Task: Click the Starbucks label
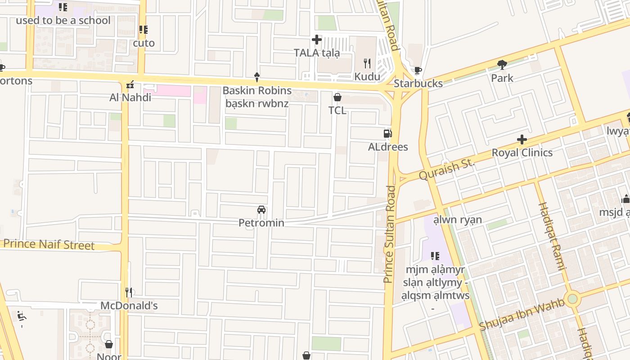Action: coord(418,83)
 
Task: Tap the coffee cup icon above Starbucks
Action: coord(418,70)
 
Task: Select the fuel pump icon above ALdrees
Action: coord(387,134)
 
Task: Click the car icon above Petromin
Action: coord(261,210)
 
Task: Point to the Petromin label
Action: coord(261,223)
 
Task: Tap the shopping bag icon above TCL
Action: coord(337,97)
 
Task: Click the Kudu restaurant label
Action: coord(367,76)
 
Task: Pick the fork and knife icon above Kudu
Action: coord(367,63)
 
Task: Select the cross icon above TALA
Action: coord(317,40)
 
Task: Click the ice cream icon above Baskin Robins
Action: coord(257,77)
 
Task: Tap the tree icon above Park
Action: coord(502,65)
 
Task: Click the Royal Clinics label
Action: coord(522,153)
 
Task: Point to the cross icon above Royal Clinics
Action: coord(522,139)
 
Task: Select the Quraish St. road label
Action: coord(447,169)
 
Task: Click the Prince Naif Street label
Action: coord(49,245)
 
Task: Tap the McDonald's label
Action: coord(129,306)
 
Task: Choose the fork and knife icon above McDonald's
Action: coord(129,292)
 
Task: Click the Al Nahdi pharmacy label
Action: coord(130,97)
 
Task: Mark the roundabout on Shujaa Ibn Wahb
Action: coord(572,298)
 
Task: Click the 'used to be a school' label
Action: coord(63,20)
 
